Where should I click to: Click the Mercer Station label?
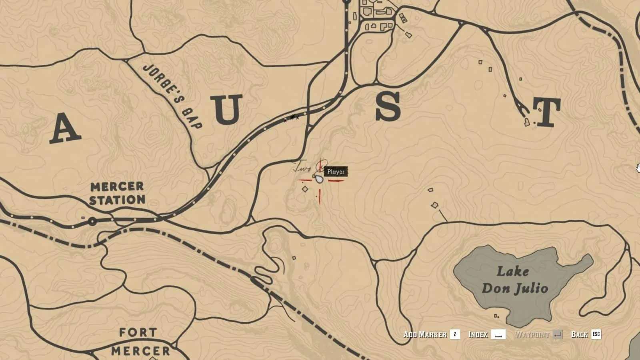(117, 193)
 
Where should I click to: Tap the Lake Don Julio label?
(514, 280)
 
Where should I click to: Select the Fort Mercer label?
(140, 342)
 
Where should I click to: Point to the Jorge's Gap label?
(172, 96)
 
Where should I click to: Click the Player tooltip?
(336, 172)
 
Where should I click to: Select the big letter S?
(388, 106)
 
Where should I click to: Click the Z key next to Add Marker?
(455, 334)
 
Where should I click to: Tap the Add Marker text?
(425, 334)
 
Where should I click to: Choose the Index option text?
(478, 334)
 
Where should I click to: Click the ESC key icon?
(596, 334)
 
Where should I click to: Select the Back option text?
(579, 334)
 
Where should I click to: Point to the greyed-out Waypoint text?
(532, 334)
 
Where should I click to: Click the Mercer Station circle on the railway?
(93, 221)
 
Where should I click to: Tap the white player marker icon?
(319, 178)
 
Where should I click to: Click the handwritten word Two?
(302, 167)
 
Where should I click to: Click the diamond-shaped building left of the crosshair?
(305, 189)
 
